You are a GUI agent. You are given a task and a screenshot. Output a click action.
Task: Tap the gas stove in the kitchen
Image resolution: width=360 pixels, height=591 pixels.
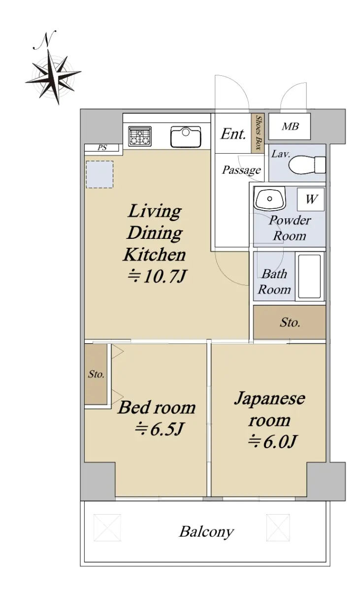(140, 136)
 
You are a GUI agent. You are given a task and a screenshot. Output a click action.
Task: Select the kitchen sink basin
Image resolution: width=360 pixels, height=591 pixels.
(186, 137)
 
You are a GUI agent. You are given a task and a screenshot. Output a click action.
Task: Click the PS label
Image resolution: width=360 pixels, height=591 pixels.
(102, 147)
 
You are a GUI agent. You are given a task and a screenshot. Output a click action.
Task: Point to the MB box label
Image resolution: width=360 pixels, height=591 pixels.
(290, 127)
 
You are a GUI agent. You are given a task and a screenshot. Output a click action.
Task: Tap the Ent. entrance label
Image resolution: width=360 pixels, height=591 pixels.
(233, 134)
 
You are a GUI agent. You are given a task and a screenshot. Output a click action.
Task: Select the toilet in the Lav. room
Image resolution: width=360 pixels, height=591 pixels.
(307, 165)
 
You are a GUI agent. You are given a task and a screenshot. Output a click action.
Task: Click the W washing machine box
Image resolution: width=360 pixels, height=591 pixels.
(311, 199)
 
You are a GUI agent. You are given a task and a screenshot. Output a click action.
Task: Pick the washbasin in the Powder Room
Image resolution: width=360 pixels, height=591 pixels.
(269, 198)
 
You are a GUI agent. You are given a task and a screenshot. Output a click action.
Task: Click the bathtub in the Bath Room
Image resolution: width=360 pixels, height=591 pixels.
(310, 276)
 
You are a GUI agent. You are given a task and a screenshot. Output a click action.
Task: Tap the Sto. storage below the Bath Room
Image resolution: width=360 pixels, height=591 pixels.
(290, 322)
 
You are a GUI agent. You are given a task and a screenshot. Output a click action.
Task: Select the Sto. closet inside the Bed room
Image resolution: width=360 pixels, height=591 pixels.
(96, 374)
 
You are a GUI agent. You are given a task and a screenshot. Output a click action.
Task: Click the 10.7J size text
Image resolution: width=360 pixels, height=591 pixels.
(157, 276)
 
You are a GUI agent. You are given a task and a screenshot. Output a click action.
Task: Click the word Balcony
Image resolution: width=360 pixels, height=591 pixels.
(206, 532)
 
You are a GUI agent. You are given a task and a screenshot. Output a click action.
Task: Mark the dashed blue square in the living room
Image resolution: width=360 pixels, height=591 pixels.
(99, 174)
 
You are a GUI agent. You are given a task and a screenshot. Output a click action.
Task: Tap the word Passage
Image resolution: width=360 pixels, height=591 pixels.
(241, 170)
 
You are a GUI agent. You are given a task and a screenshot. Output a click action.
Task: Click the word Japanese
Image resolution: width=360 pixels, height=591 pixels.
(269, 398)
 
